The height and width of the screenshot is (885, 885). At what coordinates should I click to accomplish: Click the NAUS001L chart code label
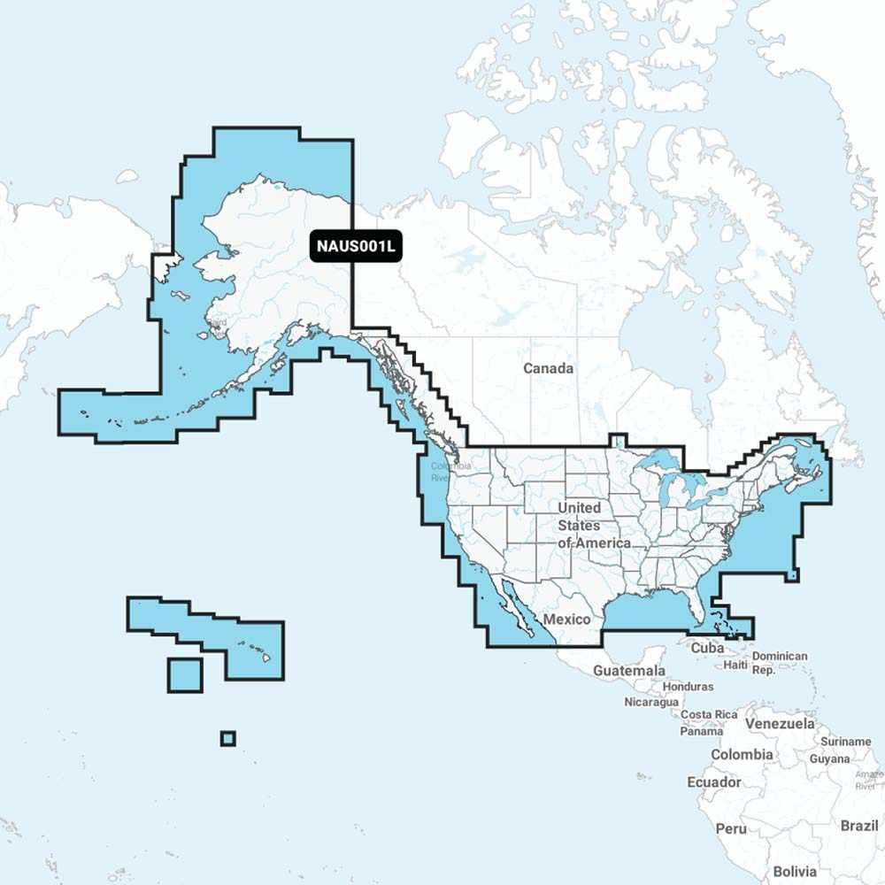(x=356, y=247)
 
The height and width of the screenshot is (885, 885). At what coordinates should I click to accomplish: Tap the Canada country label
(x=548, y=368)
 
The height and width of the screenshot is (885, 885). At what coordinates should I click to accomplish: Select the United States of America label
(x=590, y=525)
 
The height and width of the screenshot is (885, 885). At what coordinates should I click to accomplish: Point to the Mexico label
(x=566, y=619)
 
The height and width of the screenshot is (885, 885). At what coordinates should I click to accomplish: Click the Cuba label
(x=707, y=648)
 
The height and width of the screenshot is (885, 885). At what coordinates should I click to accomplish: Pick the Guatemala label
(x=629, y=671)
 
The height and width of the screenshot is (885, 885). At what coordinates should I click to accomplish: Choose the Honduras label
(x=687, y=686)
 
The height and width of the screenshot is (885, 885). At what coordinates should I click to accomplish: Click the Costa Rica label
(x=709, y=714)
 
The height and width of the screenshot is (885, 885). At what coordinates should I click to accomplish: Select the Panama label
(x=701, y=731)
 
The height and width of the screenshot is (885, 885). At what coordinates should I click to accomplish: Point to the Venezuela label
(x=780, y=723)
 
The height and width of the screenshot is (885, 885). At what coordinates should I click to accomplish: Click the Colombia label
(x=742, y=755)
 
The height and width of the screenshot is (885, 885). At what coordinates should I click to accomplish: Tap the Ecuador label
(x=714, y=782)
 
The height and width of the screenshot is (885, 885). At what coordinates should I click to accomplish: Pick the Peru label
(x=731, y=828)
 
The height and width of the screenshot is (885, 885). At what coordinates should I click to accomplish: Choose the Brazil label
(x=859, y=825)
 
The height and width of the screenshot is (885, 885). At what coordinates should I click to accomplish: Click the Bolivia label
(x=795, y=871)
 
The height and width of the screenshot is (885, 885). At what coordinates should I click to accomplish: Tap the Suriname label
(x=846, y=742)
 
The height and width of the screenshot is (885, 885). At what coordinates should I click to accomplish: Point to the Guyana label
(x=829, y=758)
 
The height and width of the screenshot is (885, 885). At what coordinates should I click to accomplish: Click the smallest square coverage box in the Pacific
(x=228, y=738)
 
